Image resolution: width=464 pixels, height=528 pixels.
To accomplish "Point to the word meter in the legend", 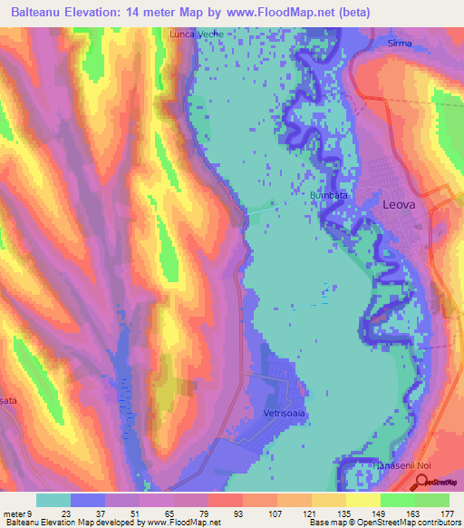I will (15, 513).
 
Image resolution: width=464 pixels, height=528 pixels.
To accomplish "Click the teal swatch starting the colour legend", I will (53, 500).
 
